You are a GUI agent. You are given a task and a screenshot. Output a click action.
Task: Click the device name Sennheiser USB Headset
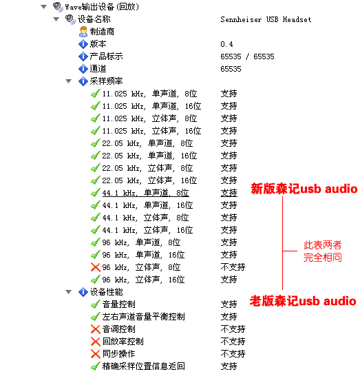pyautogui.click(x=266, y=19)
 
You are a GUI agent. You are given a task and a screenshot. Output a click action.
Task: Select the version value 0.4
pyautogui.click(x=226, y=44)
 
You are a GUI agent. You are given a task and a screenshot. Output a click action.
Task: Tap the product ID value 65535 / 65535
pyautogui.click(x=247, y=56)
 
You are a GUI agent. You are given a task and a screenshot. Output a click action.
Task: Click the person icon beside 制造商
pyautogui.click(x=83, y=32)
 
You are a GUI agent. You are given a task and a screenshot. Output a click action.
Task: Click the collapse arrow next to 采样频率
pyautogui.click(x=69, y=81)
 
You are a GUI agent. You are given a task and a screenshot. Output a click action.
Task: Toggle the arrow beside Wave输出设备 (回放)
pyautogui.click(x=44, y=7)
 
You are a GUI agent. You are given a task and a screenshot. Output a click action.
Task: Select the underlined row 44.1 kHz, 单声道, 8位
pyautogui.click(x=146, y=193)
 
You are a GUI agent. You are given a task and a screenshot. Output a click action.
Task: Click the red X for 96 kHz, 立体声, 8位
pyautogui.click(x=96, y=267)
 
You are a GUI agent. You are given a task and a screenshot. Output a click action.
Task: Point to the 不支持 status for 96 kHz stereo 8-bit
pyautogui.click(x=233, y=267)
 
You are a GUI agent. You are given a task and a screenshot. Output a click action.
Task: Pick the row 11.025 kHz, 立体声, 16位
pyautogui.click(x=151, y=131)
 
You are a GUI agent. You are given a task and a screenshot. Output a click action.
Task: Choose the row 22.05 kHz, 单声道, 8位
pyautogui.click(x=147, y=143)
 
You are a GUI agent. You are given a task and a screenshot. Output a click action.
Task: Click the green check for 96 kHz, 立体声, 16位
pyautogui.click(x=96, y=280)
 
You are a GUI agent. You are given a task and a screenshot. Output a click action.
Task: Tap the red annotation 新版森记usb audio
pyautogui.click(x=304, y=189)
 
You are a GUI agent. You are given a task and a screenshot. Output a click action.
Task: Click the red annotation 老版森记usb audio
pyautogui.click(x=303, y=301)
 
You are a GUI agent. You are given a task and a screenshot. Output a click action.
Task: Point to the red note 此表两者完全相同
pyautogui.click(x=323, y=251)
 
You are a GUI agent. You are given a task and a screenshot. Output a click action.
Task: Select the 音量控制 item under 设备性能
pyautogui.click(x=118, y=304)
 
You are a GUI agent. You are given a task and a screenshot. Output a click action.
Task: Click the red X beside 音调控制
pyautogui.click(x=96, y=329)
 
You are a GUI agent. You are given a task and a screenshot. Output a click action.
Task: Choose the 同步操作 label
pyautogui.click(x=118, y=354)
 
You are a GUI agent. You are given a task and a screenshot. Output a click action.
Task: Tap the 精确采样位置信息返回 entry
pyautogui.click(x=144, y=366)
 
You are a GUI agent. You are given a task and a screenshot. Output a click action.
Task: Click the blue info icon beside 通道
pyautogui.click(x=83, y=69)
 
